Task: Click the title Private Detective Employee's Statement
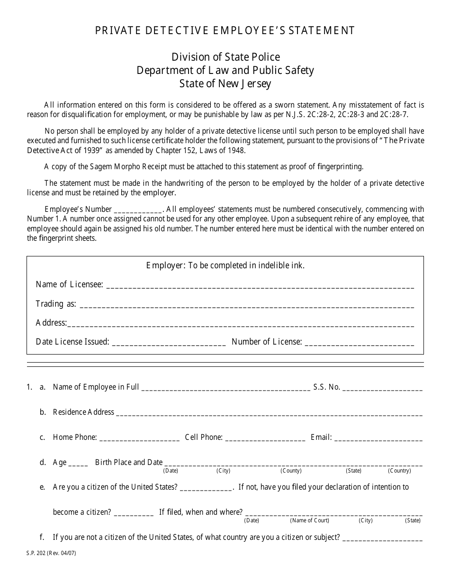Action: click(x=225, y=31)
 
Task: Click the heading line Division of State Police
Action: click(x=225, y=57)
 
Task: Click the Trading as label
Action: click(x=55, y=304)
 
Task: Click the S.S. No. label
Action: click(x=326, y=387)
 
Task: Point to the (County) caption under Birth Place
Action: click(x=291, y=471)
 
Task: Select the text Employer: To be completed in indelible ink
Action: click(x=225, y=265)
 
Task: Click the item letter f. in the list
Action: click(x=42, y=537)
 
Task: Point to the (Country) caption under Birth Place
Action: click(x=399, y=471)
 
